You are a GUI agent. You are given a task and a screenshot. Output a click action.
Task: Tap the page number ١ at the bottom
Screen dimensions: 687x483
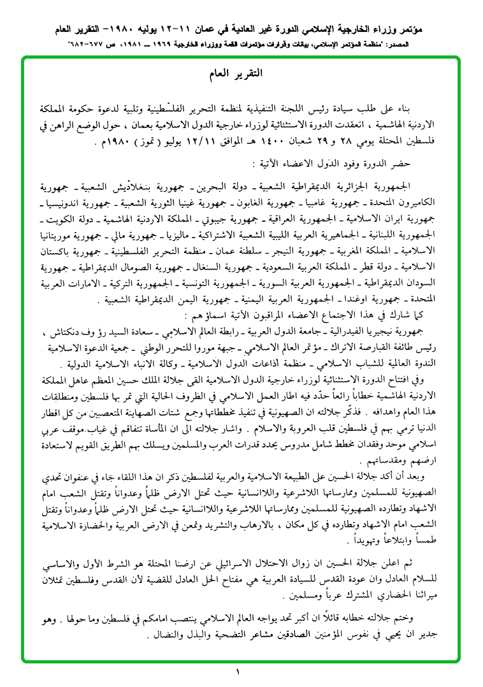point(237,672)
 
